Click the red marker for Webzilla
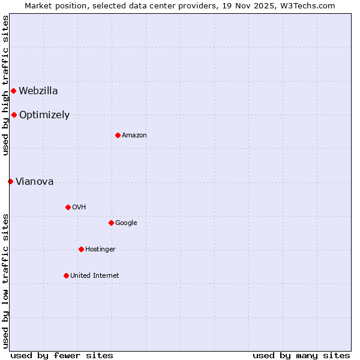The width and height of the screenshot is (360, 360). (x=13, y=91)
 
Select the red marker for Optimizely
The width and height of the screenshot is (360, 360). (x=14, y=115)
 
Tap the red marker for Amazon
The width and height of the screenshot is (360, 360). (x=118, y=135)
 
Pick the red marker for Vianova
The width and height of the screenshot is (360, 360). (x=10, y=181)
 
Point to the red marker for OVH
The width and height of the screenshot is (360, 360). (x=68, y=207)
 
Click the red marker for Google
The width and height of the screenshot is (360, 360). (x=111, y=223)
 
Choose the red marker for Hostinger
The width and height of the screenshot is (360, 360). (x=81, y=249)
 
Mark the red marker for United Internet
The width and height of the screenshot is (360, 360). (x=66, y=275)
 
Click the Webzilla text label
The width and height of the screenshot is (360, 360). (x=38, y=91)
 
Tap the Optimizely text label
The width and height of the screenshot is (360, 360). (x=44, y=115)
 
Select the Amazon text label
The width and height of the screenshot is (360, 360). (x=134, y=136)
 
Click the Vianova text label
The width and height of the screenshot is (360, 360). (x=35, y=182)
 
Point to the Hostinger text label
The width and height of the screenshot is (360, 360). (x=100, y=250)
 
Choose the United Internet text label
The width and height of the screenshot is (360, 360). (x=94, y=276)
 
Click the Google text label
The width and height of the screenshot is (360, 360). (x=126, y=223)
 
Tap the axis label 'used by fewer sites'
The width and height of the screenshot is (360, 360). (x=62, y=355)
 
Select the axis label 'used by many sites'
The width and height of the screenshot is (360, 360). (x=301, y=355)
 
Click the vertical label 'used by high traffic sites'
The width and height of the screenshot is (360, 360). (x=5, y=85)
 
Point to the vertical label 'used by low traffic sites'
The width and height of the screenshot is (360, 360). (x=5, y=281)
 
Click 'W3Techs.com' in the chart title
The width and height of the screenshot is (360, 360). (x=310, y=6)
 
